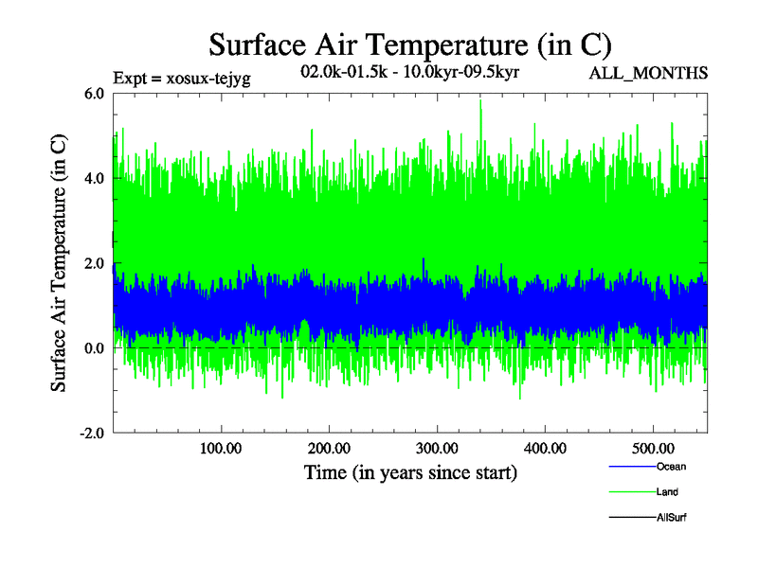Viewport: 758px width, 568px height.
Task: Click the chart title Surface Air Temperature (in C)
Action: tap(409, 44)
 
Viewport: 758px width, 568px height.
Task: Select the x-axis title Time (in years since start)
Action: tap(410, 472)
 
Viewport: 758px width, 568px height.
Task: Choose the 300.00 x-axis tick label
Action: tap(437, 449)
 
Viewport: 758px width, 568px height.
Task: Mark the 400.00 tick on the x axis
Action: tap(545, 449)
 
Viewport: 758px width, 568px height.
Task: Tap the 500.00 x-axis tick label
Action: tap(653, 449)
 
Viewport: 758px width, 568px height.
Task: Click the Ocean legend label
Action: tap(670, 467)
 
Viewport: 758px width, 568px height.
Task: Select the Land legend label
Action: tap(666, 492)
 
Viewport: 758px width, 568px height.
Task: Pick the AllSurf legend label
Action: tap(670, 518)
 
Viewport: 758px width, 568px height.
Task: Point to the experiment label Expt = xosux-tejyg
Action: tap(181, 79)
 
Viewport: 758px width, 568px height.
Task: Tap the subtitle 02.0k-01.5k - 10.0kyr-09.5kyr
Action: tap(408, 72)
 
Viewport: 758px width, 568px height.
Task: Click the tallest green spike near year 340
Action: tap(480, 102)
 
